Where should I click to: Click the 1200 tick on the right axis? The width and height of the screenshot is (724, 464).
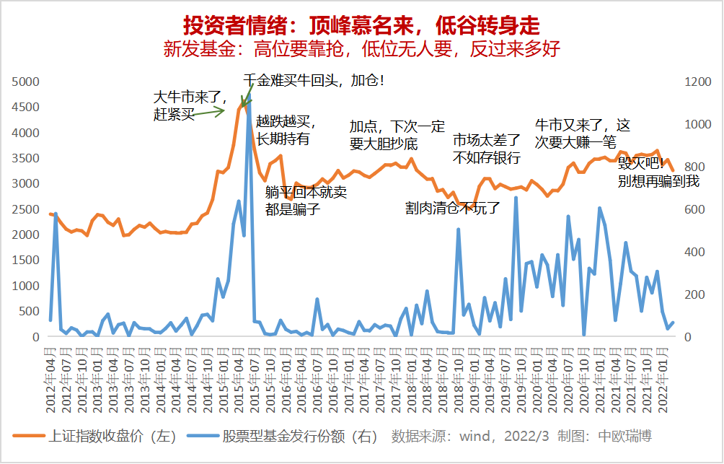pos(697,82)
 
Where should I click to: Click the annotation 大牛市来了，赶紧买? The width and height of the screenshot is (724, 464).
pos(190,105)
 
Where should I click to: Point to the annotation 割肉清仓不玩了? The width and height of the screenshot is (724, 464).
pos(452,209)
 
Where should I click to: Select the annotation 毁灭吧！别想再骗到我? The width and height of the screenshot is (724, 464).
pos(658,173)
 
